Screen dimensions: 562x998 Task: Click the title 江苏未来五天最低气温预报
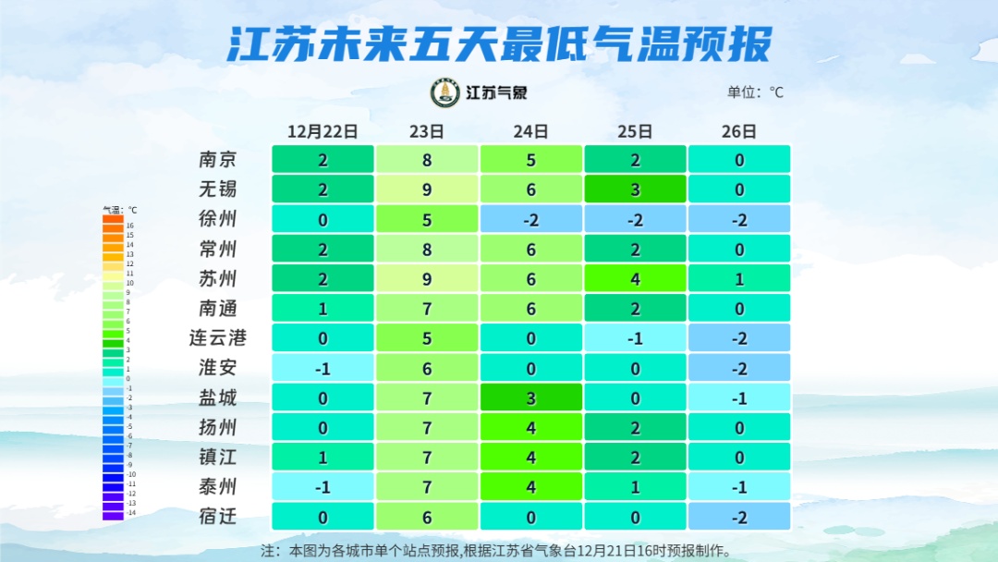point(499,44)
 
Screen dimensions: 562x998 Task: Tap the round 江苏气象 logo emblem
point(445,92)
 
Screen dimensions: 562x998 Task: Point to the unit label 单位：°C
point(755,92)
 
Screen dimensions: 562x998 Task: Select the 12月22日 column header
point(323,131)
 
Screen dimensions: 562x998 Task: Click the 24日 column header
point(531,131)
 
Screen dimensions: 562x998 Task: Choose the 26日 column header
point(739,131)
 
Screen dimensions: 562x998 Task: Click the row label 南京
point(218,160)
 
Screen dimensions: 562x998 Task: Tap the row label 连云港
point(218,337)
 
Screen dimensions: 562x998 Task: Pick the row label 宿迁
point(218,516)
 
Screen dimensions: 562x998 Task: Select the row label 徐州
point(218,219)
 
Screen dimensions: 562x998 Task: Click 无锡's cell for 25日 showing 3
point(636,189)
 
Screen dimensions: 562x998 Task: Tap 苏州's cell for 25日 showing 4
point(636,278)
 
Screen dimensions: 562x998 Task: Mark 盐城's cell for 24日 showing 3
point(531,397)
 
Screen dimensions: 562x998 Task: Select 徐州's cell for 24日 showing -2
point(531,219)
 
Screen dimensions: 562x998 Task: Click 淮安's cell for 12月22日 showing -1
point(323,368)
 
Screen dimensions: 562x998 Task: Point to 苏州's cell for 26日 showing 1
point(739,278)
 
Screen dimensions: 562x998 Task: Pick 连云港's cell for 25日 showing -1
point(636,338)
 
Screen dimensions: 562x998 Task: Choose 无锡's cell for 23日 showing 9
point(427,189)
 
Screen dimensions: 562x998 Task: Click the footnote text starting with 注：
point(497,551)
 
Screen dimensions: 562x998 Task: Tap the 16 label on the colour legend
point(130,226)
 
